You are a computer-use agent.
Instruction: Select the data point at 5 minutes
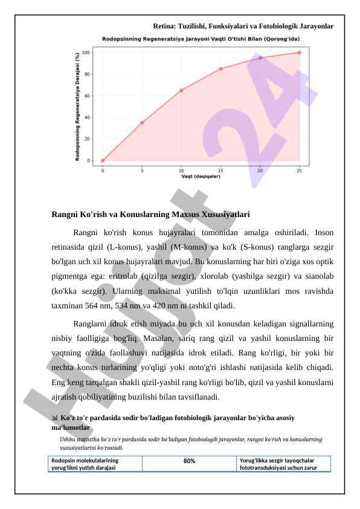142,123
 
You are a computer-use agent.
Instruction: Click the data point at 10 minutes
181,90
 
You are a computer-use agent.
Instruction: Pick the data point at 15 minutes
220,69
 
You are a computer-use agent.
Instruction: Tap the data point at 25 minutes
299,53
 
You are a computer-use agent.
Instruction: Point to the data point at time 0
103,161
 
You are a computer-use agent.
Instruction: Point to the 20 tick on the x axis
260,170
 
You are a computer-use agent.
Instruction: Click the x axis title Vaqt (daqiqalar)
201,177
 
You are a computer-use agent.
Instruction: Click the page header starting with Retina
243,27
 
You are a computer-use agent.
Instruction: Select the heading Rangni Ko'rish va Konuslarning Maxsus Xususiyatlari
151,215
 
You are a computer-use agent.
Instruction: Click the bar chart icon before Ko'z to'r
55,418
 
